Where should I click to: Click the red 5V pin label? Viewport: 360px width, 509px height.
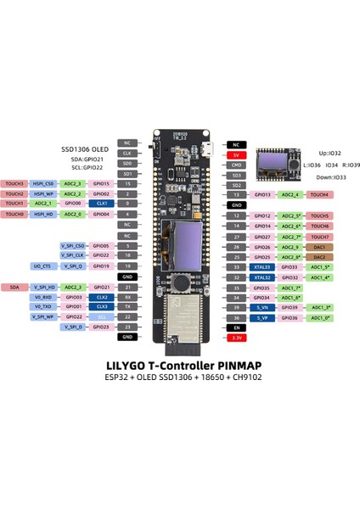pyautogui.click(x=237, y=154)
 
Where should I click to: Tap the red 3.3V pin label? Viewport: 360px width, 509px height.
pyautogui.click(x=237, y=337)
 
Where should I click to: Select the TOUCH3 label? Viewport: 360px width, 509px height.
pyautogui.click(x=14, y=183)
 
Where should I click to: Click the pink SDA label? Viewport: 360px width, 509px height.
pyautogui.click(x=14, y=287)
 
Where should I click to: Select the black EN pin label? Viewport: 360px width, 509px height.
pyautogui.click(x=237, y=327)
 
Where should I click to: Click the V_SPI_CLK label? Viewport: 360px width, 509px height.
pyautogui.click(x=72, y=255)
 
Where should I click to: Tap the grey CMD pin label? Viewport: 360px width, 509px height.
pyautogui.click(x=237, y=165)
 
